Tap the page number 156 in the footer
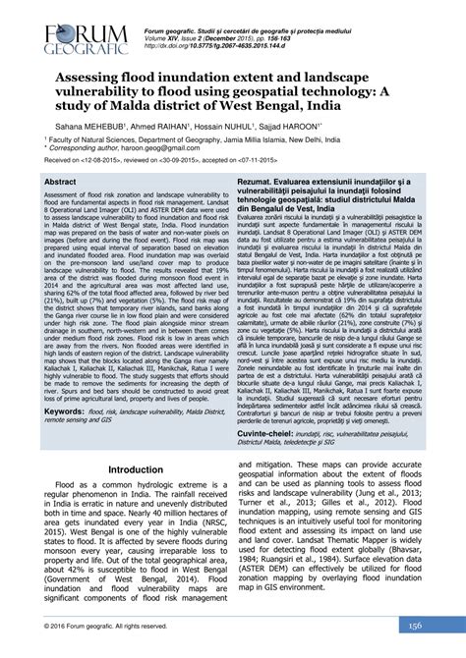pyautogui.click(x=416, y=626)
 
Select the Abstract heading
pyautogui.click(x=60, y=183)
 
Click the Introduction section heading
pyautogui.click(x=136, y=469)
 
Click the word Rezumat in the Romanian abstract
pyautogui.click(x=260, y=183)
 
